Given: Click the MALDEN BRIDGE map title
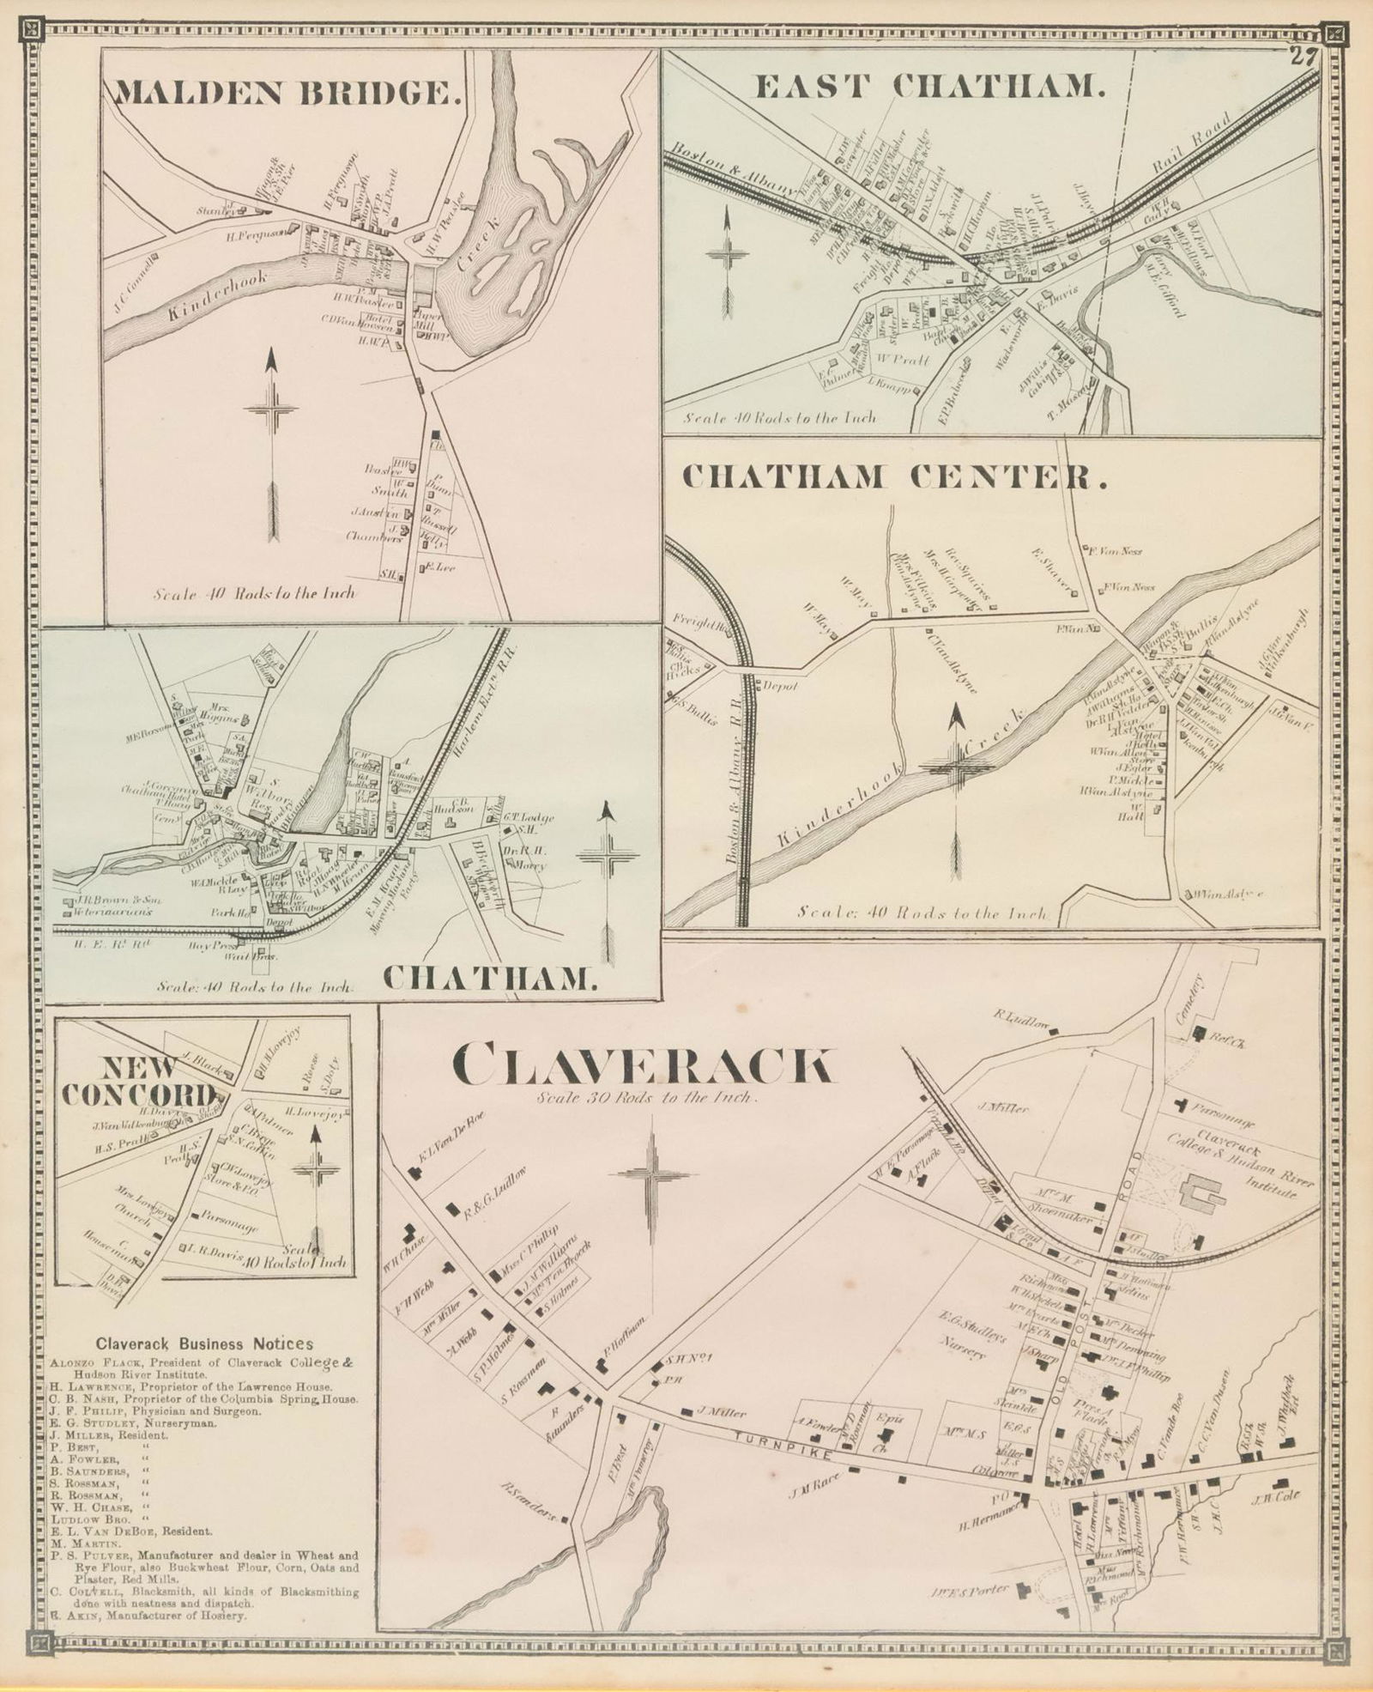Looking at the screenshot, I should (287, 93).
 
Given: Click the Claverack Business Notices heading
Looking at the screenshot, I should (204, 1344).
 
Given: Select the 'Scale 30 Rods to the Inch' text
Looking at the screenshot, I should (644, 1098).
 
